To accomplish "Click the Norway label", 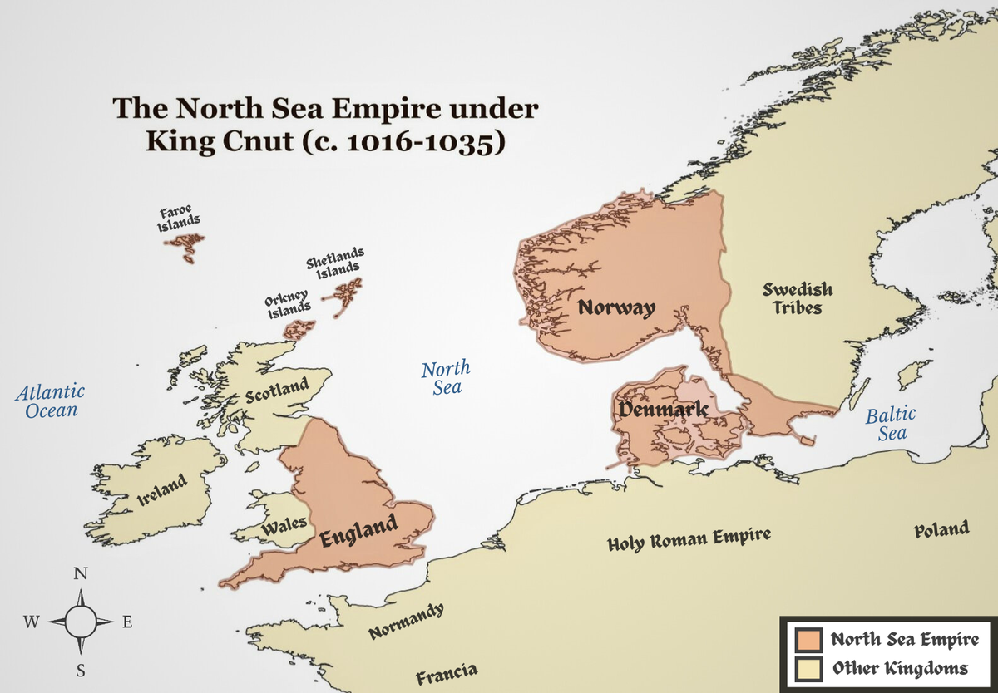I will coord(616,307).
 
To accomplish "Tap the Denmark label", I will coord(663,409).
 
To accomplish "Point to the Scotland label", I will coord(277,391).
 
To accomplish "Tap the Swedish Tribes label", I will coord(798,298).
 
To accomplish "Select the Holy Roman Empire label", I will coord(689,539).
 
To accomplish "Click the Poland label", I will coord(941,529).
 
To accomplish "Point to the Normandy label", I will coord(406,621).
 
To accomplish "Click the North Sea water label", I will coord(445,377).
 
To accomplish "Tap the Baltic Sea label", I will coord(890,423).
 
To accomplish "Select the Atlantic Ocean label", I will coord(51,400).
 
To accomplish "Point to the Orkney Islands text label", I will coord(288,304).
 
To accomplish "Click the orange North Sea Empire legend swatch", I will coord(808,641).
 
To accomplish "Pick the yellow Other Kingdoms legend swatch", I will coord(808,669).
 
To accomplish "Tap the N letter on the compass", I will coord(81,574).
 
